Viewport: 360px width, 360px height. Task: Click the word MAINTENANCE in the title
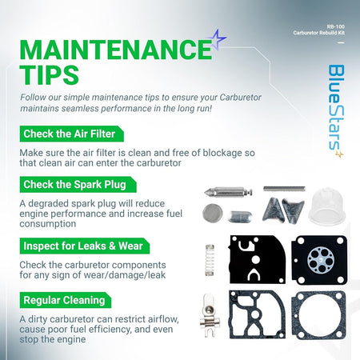[x=116, y=50]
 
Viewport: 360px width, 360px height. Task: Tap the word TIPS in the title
[x=50, y=74]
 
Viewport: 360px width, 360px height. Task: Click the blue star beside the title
[x=218, y=39]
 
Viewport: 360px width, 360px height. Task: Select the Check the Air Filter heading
[x=70, y=134]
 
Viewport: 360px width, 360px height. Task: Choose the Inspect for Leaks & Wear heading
[x=83, y=246]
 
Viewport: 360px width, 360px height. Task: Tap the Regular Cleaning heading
[x=64, y=300]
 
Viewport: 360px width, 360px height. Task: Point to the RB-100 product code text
[x=336, y=26]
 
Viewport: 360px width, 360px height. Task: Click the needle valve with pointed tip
[x=228, y=192]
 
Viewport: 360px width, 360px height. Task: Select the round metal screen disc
[x=213, y=213]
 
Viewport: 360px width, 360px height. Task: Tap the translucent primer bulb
[x=327, y=206]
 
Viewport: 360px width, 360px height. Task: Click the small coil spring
[x=210, y=260]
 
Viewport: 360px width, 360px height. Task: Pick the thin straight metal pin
[x=284, y=189]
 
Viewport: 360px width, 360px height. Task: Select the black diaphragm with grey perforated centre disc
[x=319, y=260]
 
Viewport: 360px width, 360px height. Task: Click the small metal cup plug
[x=240, y=216]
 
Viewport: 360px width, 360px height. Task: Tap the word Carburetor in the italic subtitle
[x=240, y=98]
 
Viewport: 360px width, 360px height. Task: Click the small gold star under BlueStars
[x=339, y=154]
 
